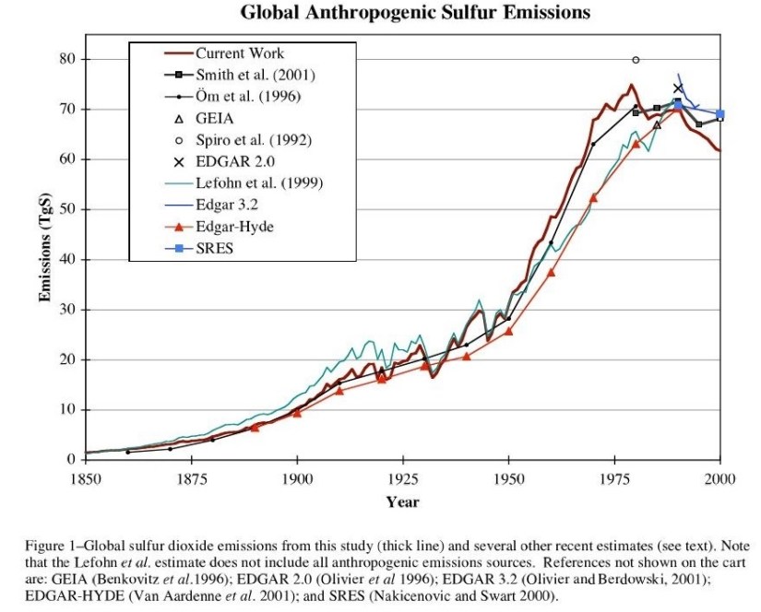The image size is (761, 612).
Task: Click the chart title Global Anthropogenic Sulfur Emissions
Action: [x=414, y=13]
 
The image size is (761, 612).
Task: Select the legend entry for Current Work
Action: [x=239, y=54]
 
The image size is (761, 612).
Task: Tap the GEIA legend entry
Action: [x=215, y=118]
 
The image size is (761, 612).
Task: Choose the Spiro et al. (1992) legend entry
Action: [x=253, y=140]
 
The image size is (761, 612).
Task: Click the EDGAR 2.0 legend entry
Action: [x=234, y=161]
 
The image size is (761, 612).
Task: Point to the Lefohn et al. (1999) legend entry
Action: [x=258, y=182]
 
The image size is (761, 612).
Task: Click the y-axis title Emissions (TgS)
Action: [x=43, y=249]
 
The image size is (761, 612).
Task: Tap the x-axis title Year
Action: [x=402, y=502]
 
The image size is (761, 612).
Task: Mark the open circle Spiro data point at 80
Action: [x=636, y=60]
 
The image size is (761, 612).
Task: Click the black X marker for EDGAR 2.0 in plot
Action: [x=678, y=88]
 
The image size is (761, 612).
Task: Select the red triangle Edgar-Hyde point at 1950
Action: [x=508, y=330]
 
